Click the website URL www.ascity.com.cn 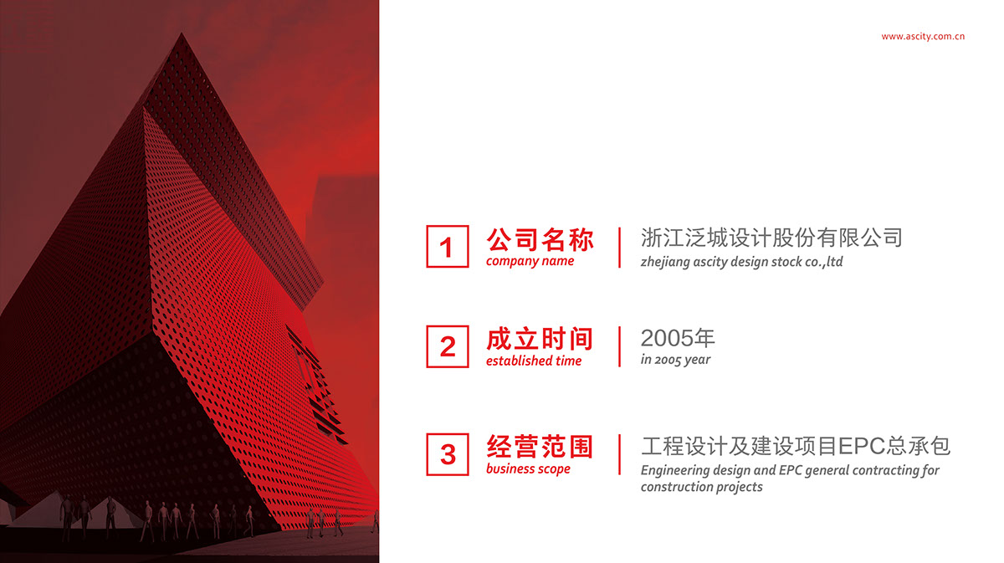[922, 37]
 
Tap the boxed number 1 [448, 247]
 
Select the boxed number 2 [448, 346]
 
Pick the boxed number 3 [448, 454]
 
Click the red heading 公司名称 [540, 240]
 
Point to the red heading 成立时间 [540, 339]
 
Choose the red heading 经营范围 [540, 447]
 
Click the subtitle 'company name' [530, 261]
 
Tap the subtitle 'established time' [534, 361]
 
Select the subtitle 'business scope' [528, 468]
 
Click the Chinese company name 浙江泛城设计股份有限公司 [771, 238]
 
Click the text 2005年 [678, 338]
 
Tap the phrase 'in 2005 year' [675, 360]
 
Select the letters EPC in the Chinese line [862, 447]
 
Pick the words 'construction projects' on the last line [701, 487]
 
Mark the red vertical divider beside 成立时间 [619, 346]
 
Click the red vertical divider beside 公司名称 [619, 248]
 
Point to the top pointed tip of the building [182, 33]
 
